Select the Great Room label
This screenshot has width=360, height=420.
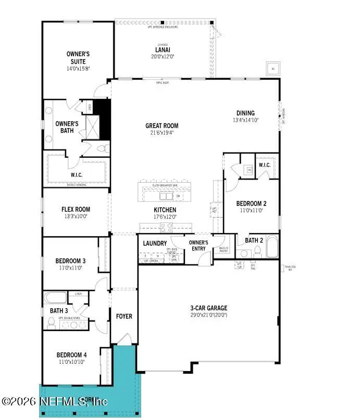point(162,125)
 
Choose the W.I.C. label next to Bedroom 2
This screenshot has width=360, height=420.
point(265,165)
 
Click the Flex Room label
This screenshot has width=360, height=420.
point(76,210)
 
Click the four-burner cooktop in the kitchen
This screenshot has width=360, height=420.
point(166,227)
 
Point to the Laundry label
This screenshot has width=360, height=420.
point(155,244)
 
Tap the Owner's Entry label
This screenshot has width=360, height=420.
point(198,245)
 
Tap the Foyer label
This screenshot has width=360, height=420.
point(124,316)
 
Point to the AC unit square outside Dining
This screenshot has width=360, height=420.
point(272,69)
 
